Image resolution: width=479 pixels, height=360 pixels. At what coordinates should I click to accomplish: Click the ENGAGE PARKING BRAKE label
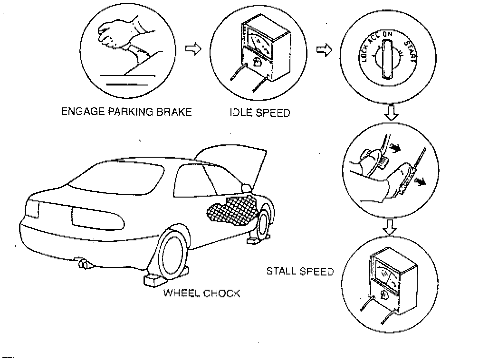[126, 113]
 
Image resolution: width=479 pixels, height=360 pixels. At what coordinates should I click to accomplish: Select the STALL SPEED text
[300, 272]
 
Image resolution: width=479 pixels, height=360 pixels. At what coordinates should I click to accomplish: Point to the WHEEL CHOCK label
[202, 293]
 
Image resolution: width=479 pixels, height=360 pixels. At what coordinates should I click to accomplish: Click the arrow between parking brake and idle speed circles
[192, 49]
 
